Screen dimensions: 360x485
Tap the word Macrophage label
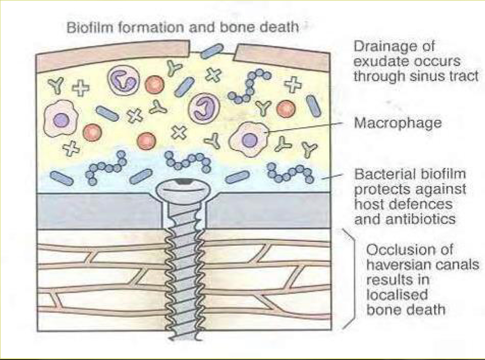pos(398,123)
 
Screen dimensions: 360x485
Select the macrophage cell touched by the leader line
pos(249,138)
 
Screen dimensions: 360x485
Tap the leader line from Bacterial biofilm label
pos(333,176)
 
